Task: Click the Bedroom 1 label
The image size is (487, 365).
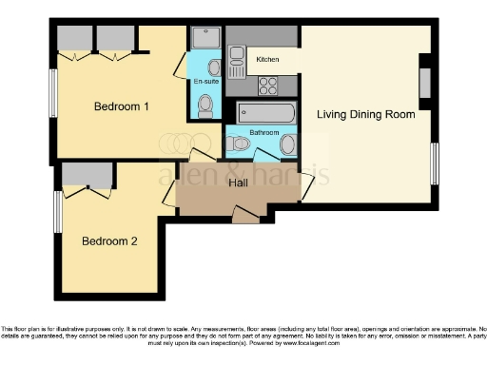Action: click(121, 106)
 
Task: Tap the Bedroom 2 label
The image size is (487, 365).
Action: click(108, 241)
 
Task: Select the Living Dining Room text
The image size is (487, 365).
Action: click(366, 114)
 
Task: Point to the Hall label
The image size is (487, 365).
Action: click(238, 183)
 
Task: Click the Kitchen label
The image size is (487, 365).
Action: click(267, 60)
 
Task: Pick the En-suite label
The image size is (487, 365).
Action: click(205, 83)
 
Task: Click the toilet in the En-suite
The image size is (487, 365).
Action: click(205, 106)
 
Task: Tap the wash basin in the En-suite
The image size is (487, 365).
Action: click(214, 67)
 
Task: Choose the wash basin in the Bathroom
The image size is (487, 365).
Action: click(288, 144)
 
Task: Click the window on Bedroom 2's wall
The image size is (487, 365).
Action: click(57, 211)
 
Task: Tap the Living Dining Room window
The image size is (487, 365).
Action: click(436, 163)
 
